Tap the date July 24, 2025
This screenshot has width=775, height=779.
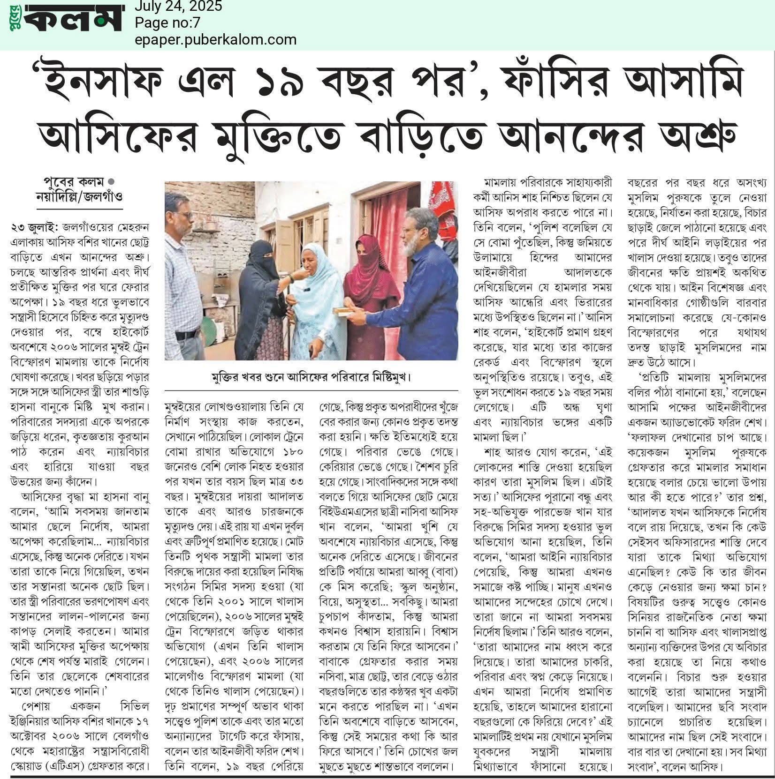coord(178,7)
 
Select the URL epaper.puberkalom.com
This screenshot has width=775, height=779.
coord(215,39)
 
